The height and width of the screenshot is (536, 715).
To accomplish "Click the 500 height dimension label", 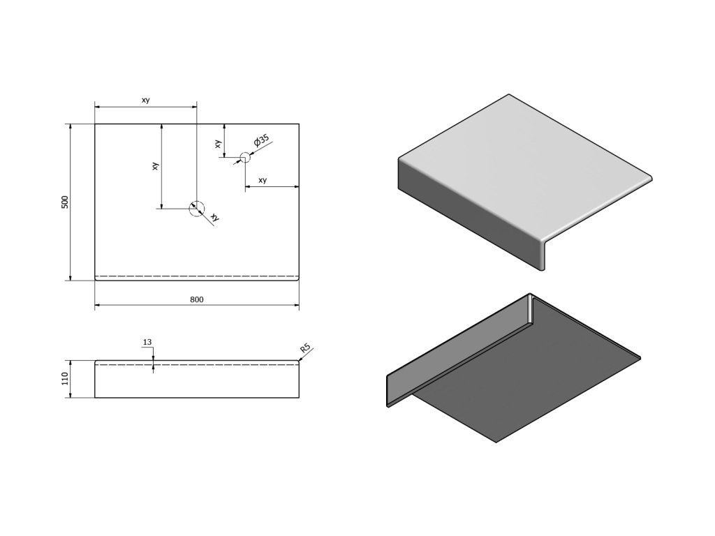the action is click(x=65, y=202).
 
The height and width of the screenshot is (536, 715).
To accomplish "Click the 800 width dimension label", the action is click(x=196, y=299).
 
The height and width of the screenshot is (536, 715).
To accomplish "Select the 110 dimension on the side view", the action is click(x=65, y=379).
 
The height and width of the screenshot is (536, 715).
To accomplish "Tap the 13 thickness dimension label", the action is click(x=147, y=342).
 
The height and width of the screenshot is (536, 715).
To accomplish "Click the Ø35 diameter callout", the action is click(x=262, y=141).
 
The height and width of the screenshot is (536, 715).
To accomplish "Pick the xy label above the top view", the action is click(x=145, y=100).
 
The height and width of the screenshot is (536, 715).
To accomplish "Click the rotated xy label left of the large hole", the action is click(x=155, y=166).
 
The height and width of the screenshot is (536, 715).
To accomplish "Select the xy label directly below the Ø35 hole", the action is click(x=263, y=180).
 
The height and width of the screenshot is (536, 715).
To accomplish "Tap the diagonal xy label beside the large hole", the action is click(x=215, y=218).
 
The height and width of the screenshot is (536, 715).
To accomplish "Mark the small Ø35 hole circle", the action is click(x=245, y=157).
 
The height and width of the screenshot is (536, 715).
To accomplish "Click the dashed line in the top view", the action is click(x=196, y=276).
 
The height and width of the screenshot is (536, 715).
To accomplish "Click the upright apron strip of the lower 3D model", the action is click(x=454, y=349).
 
